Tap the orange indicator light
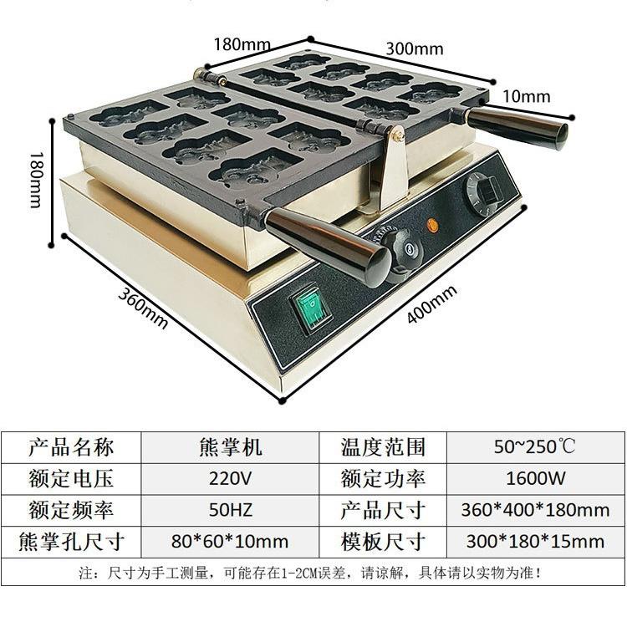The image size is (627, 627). point(433,225)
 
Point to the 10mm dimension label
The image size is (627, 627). point(526,96)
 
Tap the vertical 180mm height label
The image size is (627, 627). point(35,180)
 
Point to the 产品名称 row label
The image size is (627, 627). point(71,446)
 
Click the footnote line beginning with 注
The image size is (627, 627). point(310,573)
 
